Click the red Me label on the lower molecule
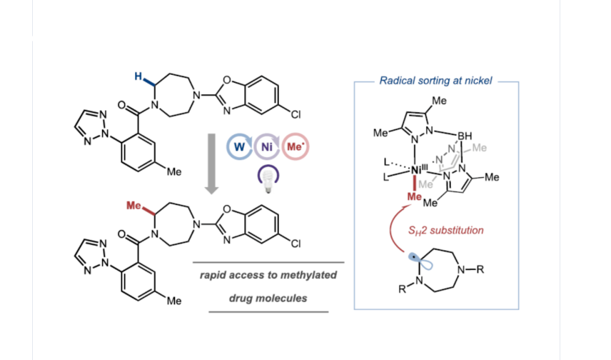135,205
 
